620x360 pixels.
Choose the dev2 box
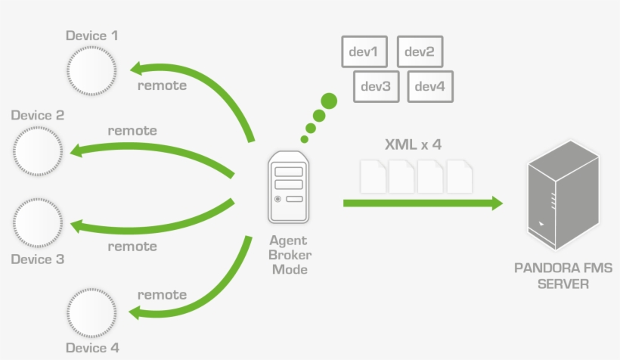pyautogui.click(x=420, y=52)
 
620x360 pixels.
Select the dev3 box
pyautogui.click(x=376, y=86)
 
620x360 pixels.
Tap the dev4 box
pyautogui.click(x=430, y=86)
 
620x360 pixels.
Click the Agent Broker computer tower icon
pyautogui.click(x=288, y=186)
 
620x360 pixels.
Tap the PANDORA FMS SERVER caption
pyautogui.click(x=563, y=276)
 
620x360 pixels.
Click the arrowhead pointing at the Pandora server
pyautogui.click(x=495, y=203)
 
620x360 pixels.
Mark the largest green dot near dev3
pyautogui.click(x=329, y=101)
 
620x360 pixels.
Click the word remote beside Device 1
pyautogui.click(x=162, y=85)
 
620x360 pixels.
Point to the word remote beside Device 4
pyautogui.click(x=162, y=294)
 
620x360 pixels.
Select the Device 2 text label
pyautogui.click(x=38, y=116)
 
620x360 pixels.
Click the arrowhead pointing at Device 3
pyautogui.click(x=76, y=225)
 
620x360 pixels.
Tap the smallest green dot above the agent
pyautogui.click(x=305, y=139)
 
